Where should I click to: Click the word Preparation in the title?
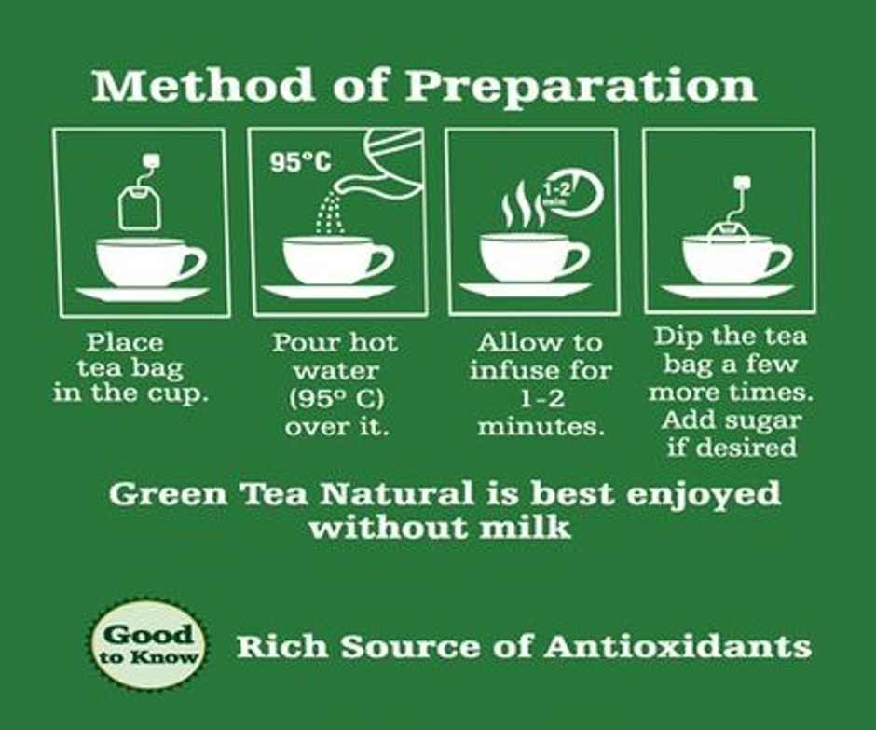581,87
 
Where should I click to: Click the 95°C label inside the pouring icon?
300,162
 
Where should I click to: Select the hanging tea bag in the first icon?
140,203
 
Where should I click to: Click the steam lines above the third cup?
523,209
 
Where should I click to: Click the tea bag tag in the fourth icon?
743,183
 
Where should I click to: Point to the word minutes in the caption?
541,427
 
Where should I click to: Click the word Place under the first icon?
124,342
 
